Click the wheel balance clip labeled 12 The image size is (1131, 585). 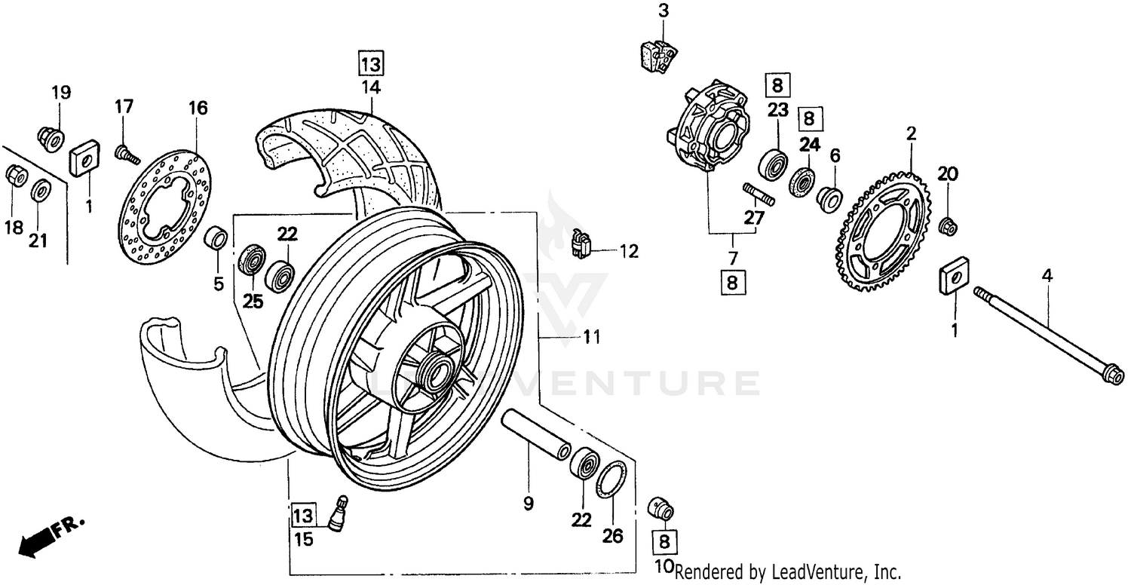(581, 243)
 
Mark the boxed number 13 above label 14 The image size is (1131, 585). (371, 63)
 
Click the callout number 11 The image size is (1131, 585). (593, 338)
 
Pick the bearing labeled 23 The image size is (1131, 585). (774, 164)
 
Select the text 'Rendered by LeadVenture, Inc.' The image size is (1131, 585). (788, 571)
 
